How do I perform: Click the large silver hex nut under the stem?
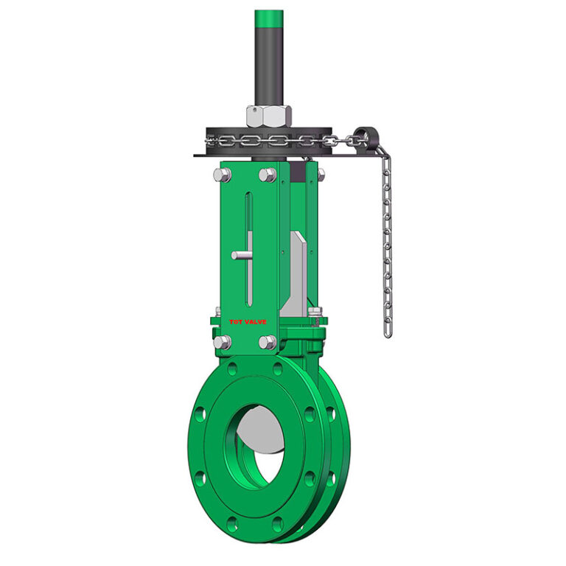(268, 116)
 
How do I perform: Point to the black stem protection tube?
(268, 66)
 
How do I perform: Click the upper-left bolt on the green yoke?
(221, 175)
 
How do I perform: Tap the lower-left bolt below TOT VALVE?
(221, 342)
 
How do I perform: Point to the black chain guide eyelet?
(360, 136)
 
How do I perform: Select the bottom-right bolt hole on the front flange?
(278, 525)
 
